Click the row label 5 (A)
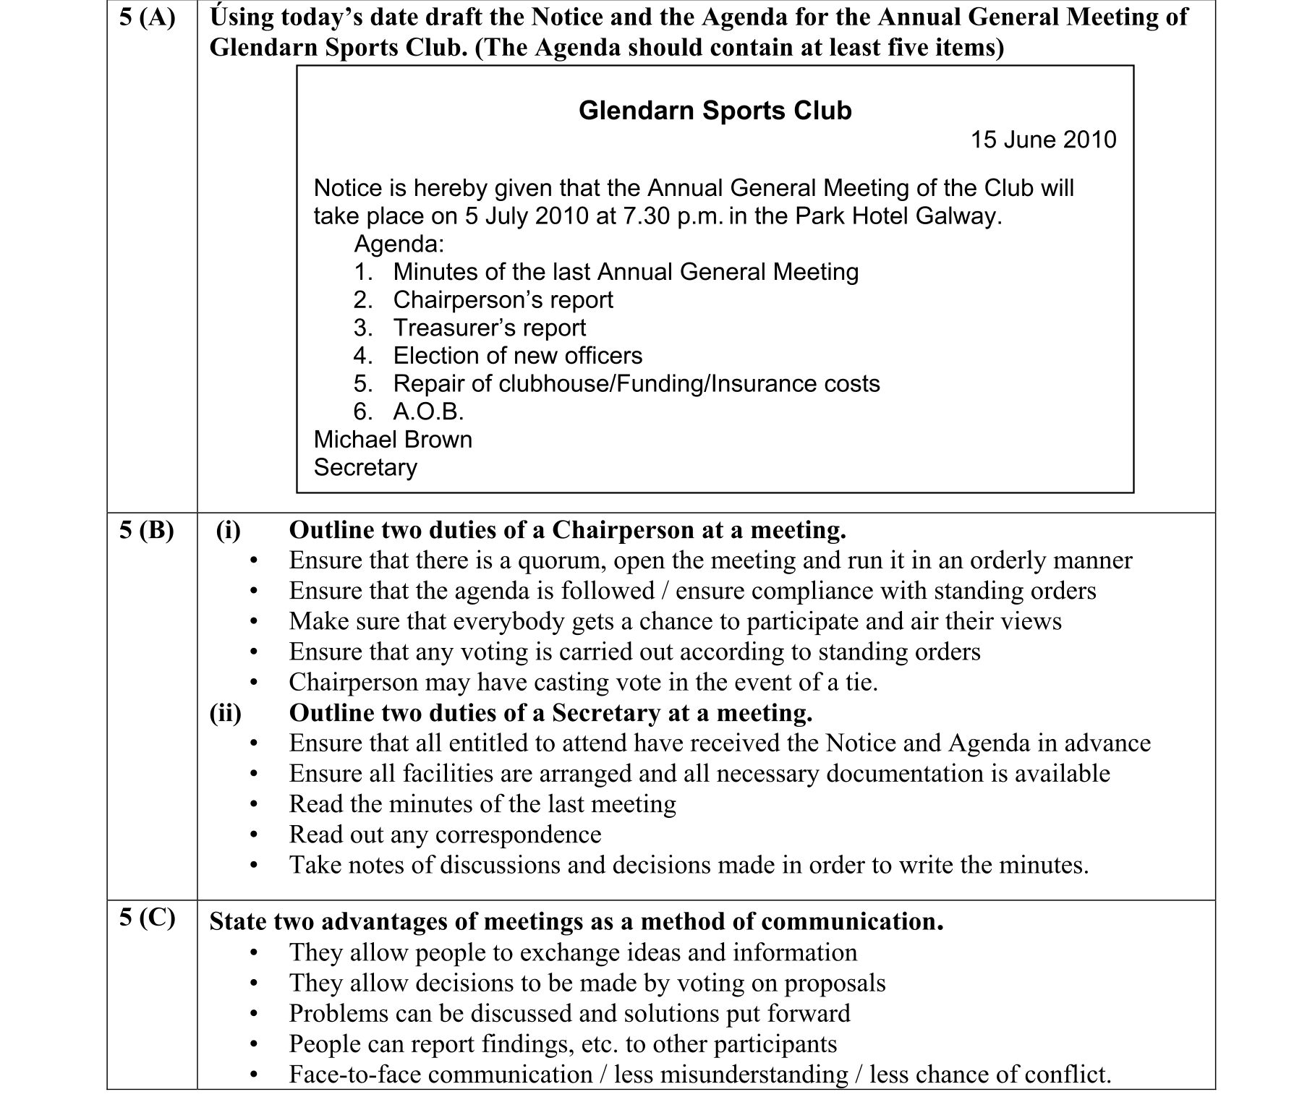[x=147, y=17]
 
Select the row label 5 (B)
[x=147, y=530]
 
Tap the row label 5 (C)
[x=147, y=918]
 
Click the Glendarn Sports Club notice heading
[x=715, y=111]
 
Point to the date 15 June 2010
[x=1043, y=140]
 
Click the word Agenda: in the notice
[x=399, y=244]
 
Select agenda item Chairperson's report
[x=503, y=300]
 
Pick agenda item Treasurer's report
[x=489, y=328]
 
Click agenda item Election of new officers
[x=517, y=356]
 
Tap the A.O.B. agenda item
[x=428, y=411]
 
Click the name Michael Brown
[x=393, y=440]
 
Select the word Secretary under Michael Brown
[x=365, y=468]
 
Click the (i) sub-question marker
[x=229, y=531]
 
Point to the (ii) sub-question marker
[x=225, y=714]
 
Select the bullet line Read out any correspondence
[x=445, y=835]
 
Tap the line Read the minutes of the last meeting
[x=482, y=804]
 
